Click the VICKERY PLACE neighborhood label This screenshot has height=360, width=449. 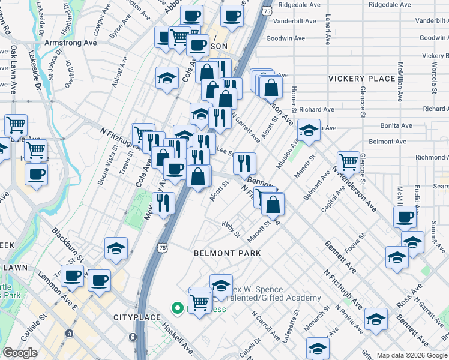[x=361, y=79]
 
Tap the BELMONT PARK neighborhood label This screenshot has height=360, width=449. [x=227, y=253]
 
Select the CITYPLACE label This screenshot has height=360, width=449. [x=137, y=317]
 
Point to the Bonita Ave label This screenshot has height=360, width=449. [x=396, y=125]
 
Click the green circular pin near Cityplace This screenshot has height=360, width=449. [x=178, y=309]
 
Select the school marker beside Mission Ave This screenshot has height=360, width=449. [x=309, y=131]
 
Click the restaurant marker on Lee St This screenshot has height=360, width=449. [x=244, y=163]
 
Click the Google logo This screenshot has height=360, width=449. [x=20, y=353]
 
